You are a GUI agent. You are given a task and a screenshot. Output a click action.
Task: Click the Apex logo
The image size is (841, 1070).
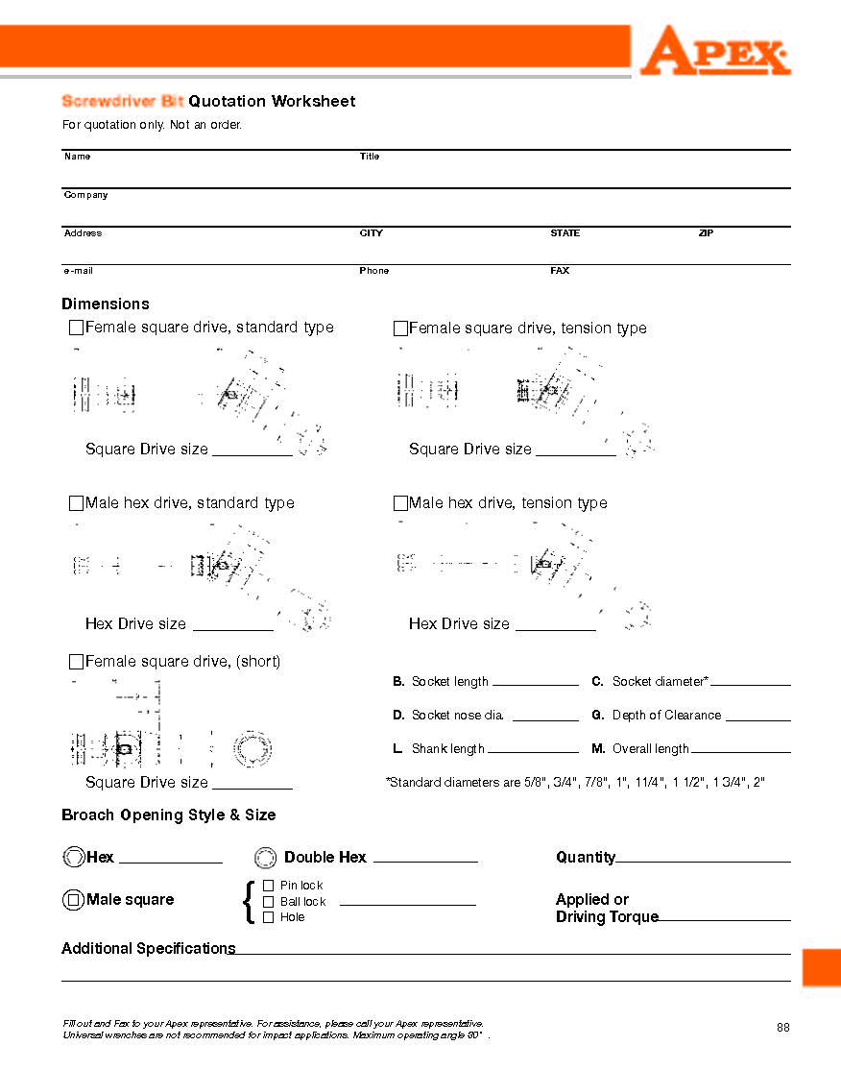click(714, 51)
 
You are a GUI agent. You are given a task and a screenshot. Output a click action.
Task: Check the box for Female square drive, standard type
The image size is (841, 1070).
click(76, 328)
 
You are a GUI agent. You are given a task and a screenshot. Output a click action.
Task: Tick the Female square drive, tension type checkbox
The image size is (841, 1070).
click(400, 328)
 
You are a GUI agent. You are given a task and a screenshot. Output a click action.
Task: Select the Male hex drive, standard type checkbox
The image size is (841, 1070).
click(76, 503)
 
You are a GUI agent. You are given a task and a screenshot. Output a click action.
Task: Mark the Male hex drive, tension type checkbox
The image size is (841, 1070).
click(400, 503)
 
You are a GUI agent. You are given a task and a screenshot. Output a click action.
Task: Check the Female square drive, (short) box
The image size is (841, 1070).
click(76, 662)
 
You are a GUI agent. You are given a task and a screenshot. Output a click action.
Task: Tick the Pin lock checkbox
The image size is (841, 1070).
click(268, 886)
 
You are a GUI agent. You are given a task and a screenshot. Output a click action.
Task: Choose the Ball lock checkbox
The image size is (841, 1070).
click(268, 902)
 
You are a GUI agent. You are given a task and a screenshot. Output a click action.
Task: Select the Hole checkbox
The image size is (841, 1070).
click(268, 917)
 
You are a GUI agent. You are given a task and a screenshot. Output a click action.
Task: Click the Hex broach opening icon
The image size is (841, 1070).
click(73, 858)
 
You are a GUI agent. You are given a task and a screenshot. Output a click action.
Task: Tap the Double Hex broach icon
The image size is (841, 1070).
click(266, 858)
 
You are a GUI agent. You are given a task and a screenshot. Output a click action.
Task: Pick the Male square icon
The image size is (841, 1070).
click(73, 900)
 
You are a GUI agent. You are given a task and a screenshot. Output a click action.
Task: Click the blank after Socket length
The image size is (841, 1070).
click(535, 683)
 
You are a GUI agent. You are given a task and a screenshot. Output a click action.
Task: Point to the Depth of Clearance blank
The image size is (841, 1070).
click(757, 717)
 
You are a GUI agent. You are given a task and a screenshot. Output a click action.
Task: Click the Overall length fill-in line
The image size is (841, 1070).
click(740, 750)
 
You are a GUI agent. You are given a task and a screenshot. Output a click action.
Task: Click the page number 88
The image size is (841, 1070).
click(783, 1028)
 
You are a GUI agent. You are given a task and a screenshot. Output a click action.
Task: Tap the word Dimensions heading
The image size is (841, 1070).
click(106, 304)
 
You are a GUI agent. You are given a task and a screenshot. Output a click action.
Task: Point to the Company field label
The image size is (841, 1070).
click(86, 195)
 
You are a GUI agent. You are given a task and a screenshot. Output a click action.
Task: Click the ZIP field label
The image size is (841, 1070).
click(706, 233)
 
